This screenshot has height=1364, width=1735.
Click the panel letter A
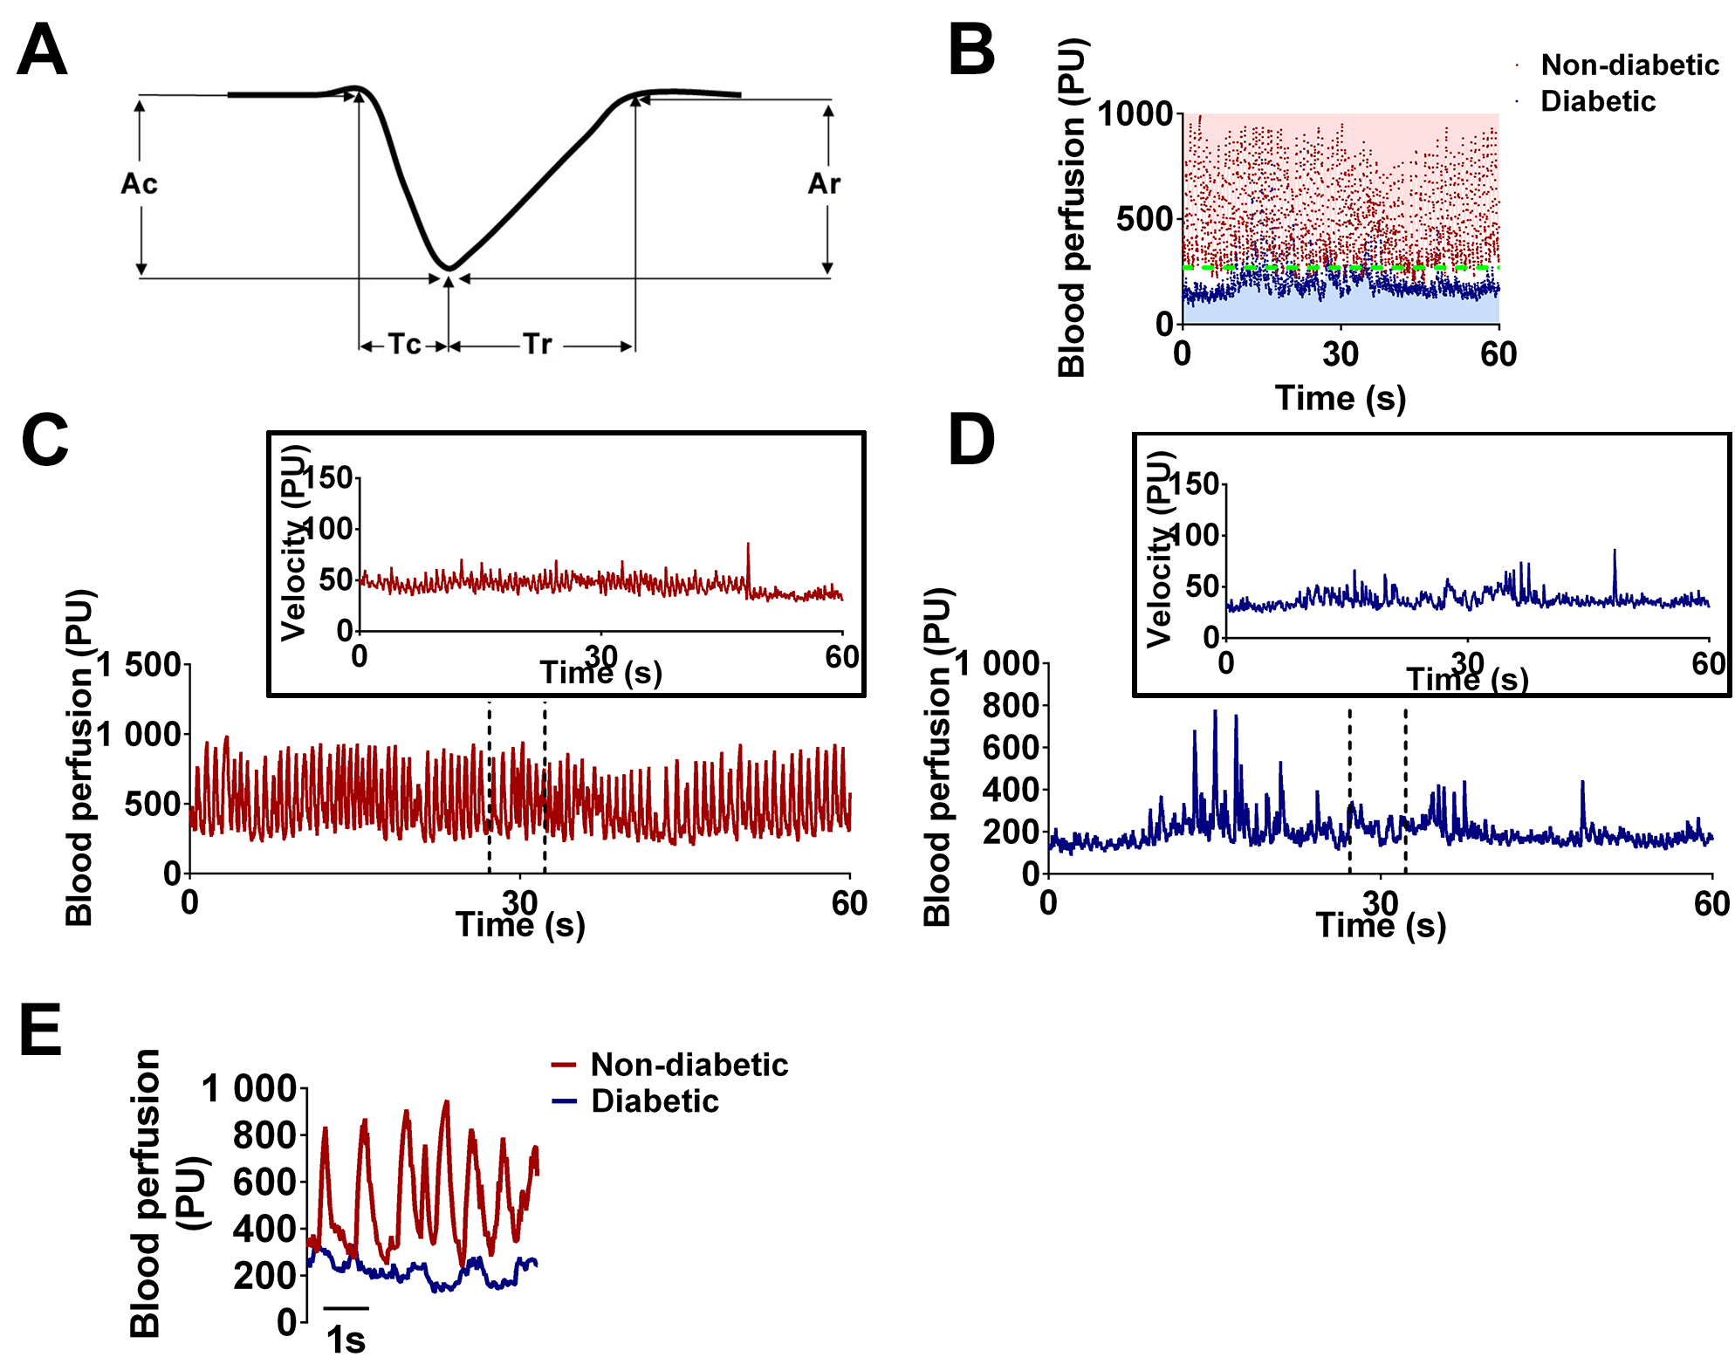pyautogui.click(x=42, y=51)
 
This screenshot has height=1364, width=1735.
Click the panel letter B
pyautogui.click(x=970, y=51)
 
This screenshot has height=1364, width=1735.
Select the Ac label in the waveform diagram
pyautogui.click(x=140, y=184)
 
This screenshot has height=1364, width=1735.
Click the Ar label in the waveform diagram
pyautogui.click(x=824, y=184)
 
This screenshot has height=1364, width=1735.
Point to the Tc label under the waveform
pyautogui.click(x=404, y=345)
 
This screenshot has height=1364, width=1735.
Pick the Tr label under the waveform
pyautogui.click(x=538, y=345)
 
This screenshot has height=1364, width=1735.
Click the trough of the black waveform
pyautogui.click(x=449, y=267)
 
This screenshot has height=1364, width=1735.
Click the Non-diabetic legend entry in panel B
pyautogui.click(x=1629, y=65)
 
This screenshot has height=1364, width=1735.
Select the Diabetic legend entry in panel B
pyautogui.click(x=1597, y=102)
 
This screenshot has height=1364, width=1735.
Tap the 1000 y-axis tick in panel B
pyautogui.click(x=1135, y=113)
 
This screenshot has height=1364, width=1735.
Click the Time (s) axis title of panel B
pyautogui.click(x=1341, y=399)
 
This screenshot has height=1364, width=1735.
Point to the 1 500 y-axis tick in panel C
pyautogui.click(x=140, y=666)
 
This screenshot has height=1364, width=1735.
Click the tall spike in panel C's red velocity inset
pyautogui.click(x=748, y=545)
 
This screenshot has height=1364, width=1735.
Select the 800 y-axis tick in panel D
pyautogui.click(x=1011, y=705)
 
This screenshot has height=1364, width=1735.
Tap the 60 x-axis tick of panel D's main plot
pyautogui.click(x=1711, y=904)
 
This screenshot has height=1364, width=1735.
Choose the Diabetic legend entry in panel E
pyautogui.click(x=655, y=1102)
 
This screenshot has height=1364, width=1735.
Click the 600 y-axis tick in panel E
pyautogui.click(x=265, y=1182)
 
